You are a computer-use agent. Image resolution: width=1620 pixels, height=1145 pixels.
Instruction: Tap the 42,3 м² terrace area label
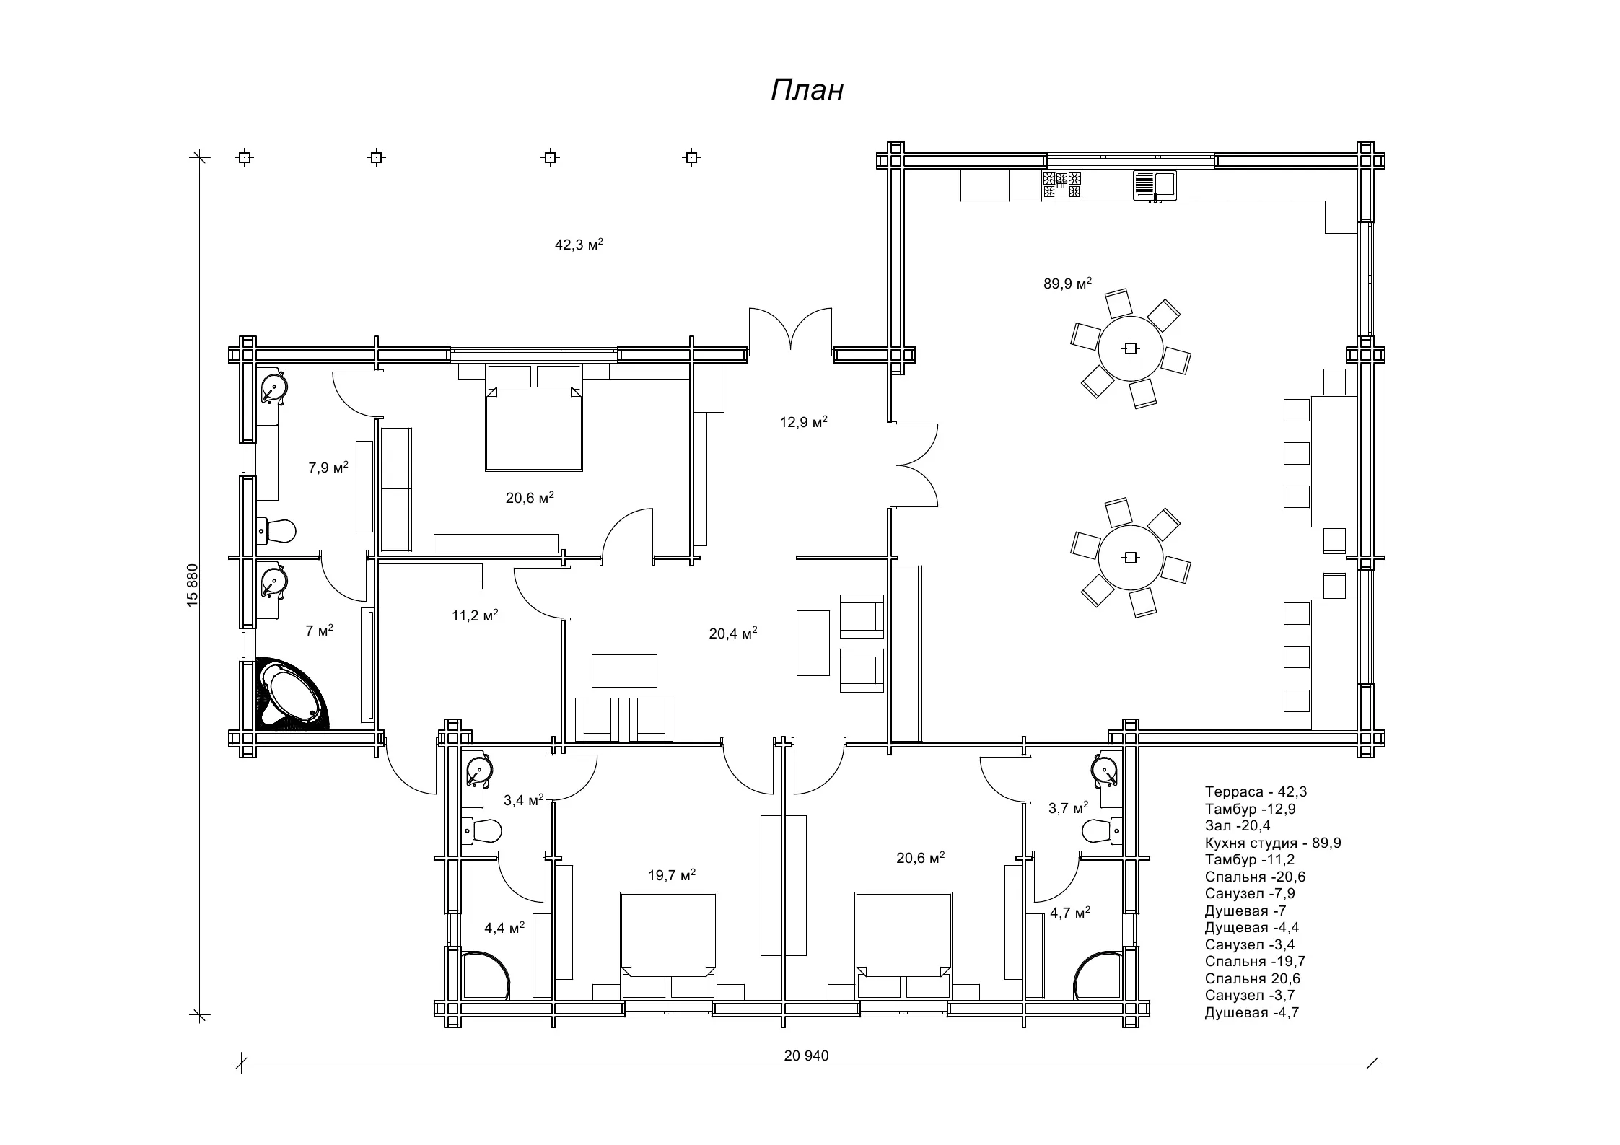[x=579, y=244]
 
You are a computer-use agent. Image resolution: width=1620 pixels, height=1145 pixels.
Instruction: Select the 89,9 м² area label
[x=1067, y=283]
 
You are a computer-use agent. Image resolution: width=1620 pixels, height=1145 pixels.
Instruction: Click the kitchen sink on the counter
[x=1155, y=185]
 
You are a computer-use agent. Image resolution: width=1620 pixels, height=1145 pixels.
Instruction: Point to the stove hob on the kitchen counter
[x=1061, y=185]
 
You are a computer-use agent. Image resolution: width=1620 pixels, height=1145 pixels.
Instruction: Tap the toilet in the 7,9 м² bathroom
[x=276, y=531]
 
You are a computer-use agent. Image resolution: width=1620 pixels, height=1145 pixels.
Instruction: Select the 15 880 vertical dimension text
[x=192, y=585]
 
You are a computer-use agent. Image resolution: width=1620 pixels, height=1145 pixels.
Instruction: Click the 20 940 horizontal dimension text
[x=807, y=1056]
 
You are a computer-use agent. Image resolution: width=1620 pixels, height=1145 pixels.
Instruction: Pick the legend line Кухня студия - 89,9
[x=1273, y=843]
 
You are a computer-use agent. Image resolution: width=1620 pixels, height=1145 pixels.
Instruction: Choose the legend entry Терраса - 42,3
[x=1256, y=791]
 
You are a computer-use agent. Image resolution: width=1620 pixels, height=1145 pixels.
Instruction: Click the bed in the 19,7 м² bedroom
[x=668, y=945]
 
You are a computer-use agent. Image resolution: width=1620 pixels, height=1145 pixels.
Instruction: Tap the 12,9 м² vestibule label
[x=803, y=421]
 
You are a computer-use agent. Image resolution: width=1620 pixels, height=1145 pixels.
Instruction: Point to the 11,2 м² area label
[x=475, y=615]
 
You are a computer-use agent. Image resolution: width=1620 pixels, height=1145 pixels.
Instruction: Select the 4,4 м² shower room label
[x=504, y=927]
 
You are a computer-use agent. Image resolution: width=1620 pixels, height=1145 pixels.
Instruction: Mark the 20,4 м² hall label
[x=733, y=633]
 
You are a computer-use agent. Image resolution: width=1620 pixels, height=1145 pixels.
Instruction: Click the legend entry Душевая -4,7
[x=1252, y=1012]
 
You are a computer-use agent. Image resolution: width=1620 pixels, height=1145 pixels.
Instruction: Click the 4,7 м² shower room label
[x=1070, y=913]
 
